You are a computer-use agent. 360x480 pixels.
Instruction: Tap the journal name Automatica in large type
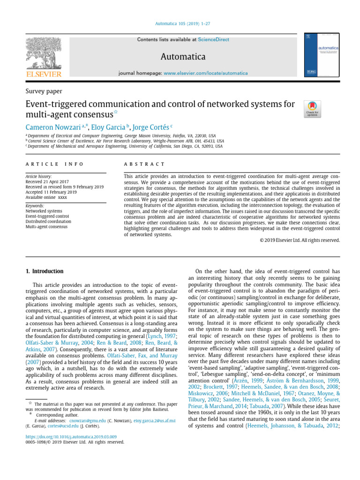[183, 57]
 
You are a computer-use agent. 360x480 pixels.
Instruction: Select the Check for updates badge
[313, 109]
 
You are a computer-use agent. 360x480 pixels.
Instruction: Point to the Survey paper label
[44, 91]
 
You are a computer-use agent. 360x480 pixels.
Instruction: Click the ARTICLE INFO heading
[54, 164]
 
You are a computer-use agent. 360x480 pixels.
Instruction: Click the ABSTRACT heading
[144, 164]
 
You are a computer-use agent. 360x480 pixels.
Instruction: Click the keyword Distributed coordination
[49, 221]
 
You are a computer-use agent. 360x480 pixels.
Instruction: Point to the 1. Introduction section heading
[43, 271]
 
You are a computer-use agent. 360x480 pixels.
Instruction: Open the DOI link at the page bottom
[71, 436]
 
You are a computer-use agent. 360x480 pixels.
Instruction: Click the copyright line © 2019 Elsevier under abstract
[300, 240]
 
